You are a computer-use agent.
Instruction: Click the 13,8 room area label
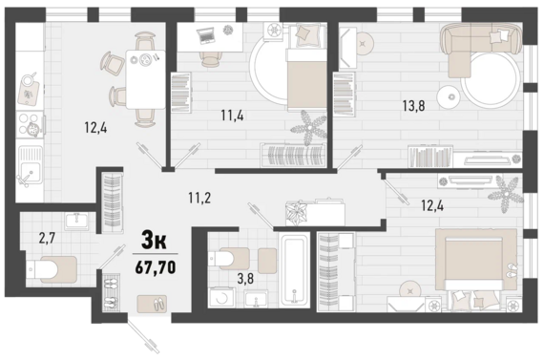tap(413, 106)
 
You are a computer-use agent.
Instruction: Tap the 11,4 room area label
tap(232, 115)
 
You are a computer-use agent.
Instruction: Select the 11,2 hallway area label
tap(199, 198)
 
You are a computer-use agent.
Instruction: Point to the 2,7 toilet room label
tap(48, 239)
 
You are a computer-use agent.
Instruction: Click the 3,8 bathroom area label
tap(245, 279)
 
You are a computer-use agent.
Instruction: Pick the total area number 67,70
tap(156, 267)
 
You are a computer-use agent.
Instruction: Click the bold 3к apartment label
tap(154, 241)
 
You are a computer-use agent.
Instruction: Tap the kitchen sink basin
tap(31, 164)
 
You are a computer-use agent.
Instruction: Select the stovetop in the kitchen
tap(31, 125)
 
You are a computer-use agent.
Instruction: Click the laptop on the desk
tap(207, 35)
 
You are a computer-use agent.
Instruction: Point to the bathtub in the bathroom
tap(295, 270)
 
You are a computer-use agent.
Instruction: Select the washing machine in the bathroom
tap(222, 297)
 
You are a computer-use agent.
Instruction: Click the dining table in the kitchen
tap(145, 79)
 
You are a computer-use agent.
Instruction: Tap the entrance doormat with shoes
tap(152, 304)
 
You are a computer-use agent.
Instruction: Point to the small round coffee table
tap(448, 96)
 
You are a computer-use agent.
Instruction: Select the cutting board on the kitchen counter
tap(29, 92)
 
